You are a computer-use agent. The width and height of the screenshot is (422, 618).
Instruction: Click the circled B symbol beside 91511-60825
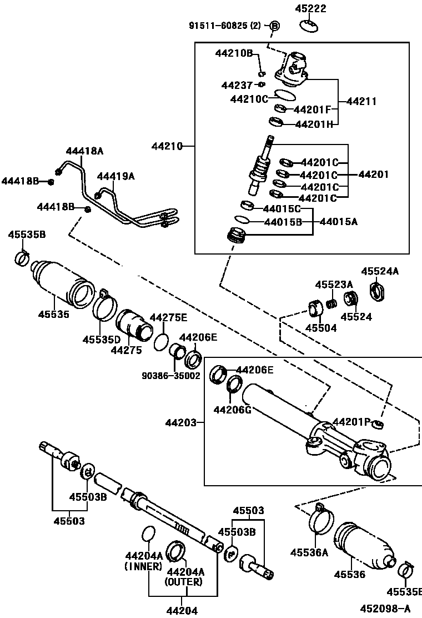(275, 26)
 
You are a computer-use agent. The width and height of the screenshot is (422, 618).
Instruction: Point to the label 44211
(361, 102)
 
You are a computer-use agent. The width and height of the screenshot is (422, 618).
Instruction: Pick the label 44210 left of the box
(167, 146)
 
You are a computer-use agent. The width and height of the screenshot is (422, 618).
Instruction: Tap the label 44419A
(116, 176)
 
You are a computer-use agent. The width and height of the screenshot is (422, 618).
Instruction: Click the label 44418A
(85, 151)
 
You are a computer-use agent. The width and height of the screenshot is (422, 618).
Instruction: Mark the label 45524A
(380, 271)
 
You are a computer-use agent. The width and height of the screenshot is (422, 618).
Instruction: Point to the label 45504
(321, 328)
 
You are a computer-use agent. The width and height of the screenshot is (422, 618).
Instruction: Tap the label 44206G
(233, 410)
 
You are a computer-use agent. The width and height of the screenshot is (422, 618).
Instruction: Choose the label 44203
(180, 423)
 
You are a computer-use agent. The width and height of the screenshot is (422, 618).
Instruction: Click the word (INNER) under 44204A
(143, 566)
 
